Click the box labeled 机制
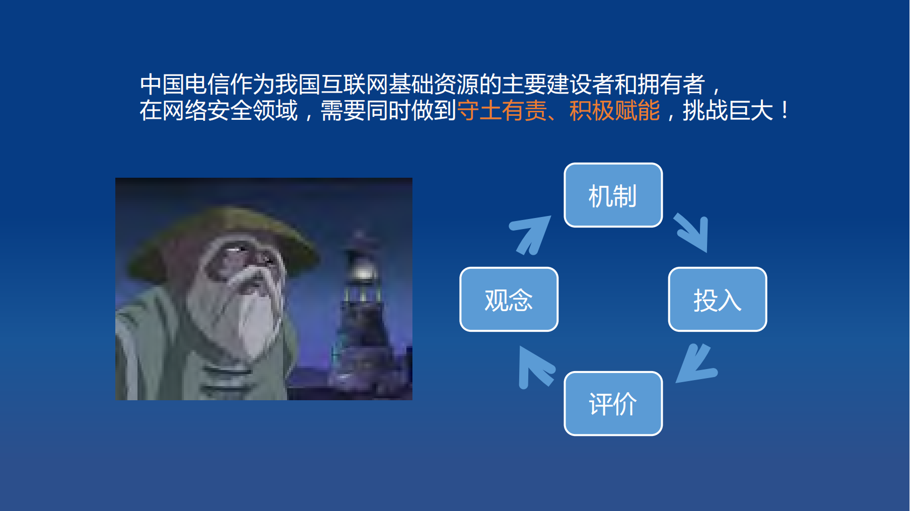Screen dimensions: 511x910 pyautogui.click(x=613, y=195)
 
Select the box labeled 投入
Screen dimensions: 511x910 pyautogui.click(x=717, y=300)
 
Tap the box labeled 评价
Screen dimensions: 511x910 pyautogui.click(x=613, y=404)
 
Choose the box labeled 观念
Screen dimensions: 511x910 pyautogui.click(x=509, y=300)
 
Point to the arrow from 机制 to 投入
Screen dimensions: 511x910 pyautogui.click(x=694, y=232)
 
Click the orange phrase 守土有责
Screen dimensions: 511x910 pyautogui.click(x=502, y=111)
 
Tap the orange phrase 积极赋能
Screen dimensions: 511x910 pyautogui.click(x=614, y=111)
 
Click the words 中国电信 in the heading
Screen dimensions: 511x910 pyautogui.click(x=184, y=85)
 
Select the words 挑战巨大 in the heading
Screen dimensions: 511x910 pyautogui.click(x=728, y=111)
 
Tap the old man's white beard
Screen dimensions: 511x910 pyautogui.click(x=252, y=312)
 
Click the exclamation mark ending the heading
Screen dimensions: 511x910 pyautogui.click(x=785, y=111)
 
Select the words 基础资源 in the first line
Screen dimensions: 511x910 pyautogui.click(x=433, y=85)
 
